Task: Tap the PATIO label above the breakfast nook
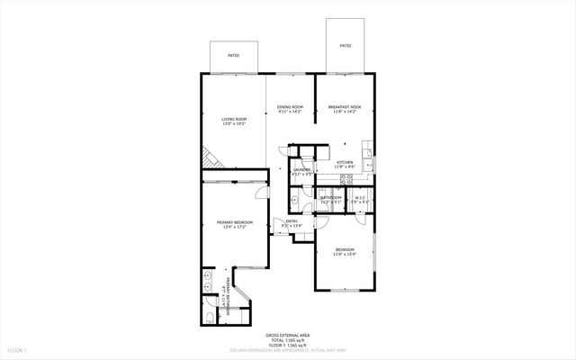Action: (x=346, y=45)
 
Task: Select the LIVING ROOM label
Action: (x=234, y=118)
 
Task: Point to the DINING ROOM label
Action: (x=290, y=107)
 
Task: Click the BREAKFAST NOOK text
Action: (x=343, y=107)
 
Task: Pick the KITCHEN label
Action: (x=345, y=162)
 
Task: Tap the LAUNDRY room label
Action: (x=302, y=169)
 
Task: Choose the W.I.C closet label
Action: (x=358, y=197)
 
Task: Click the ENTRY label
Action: (x=292, y=221)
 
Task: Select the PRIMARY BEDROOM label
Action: (x=234, y=221)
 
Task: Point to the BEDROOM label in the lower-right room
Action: (x=345, y=249)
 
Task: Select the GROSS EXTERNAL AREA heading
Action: (x=287, y=332)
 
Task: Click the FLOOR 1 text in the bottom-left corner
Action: (x=16, y=348)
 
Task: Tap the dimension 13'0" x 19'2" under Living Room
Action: (x=234, y=123)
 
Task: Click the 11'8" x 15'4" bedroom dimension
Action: (x=345, y=255)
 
